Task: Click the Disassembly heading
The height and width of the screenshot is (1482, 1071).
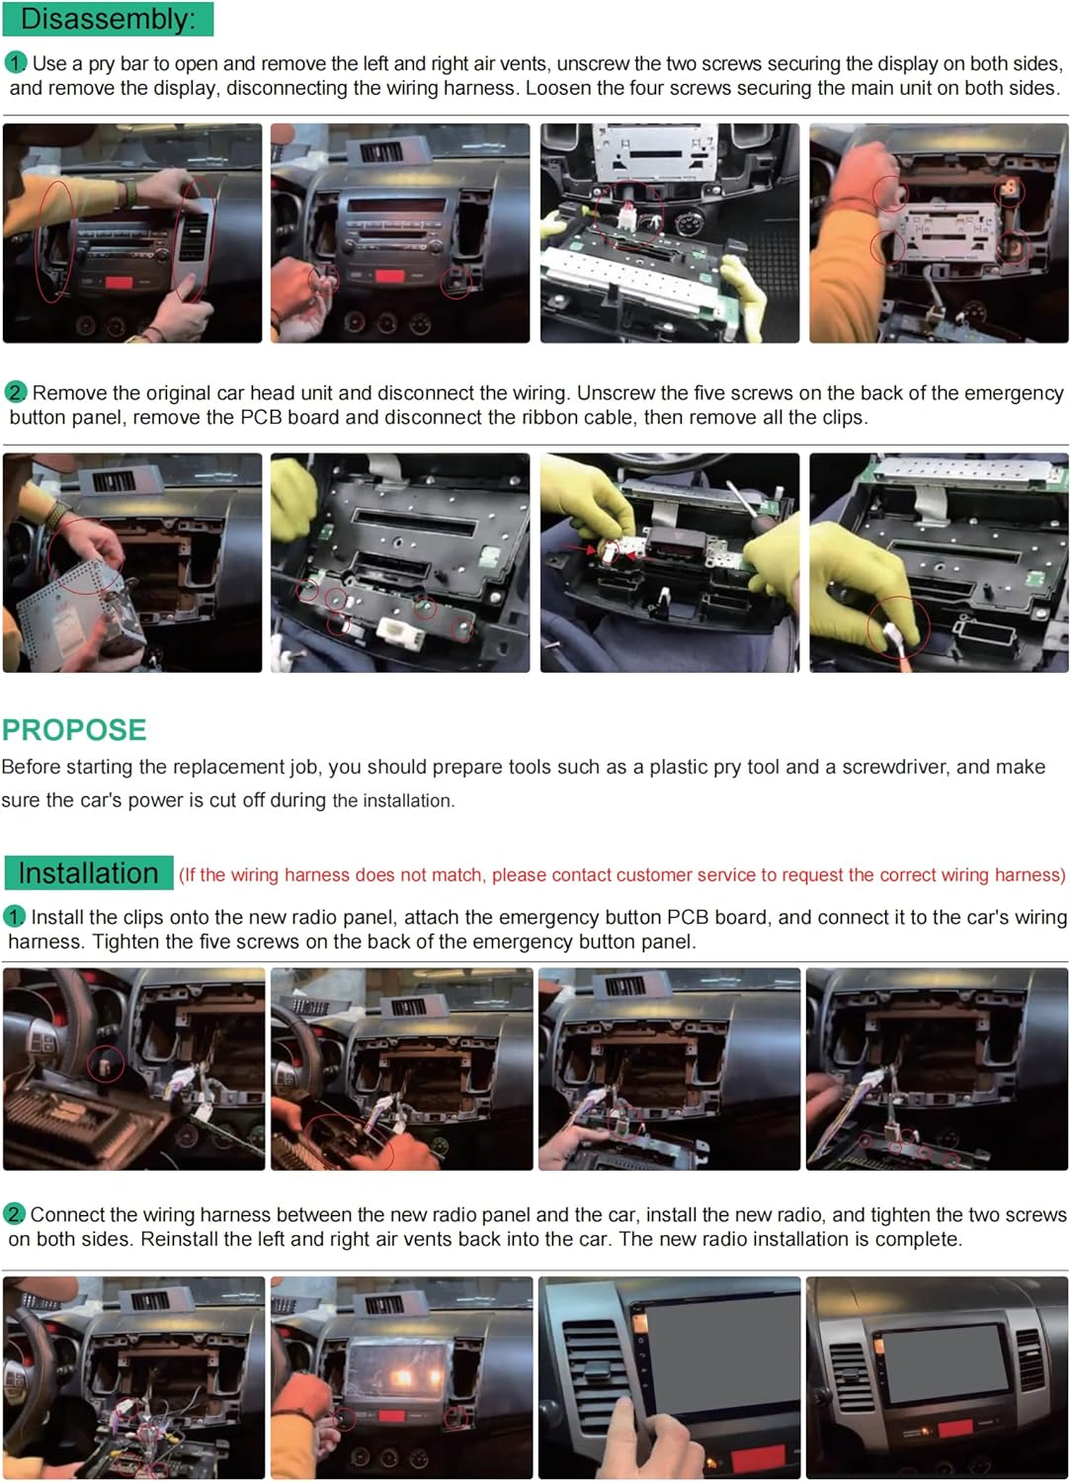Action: [108, 19]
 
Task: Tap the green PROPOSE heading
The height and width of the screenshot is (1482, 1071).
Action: [74, 730]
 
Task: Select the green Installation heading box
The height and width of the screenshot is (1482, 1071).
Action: [89, 873]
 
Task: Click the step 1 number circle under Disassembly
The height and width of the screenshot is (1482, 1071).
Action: [15, 63]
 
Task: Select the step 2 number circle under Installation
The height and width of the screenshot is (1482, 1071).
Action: [14, 1214]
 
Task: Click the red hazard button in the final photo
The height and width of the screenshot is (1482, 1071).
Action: [955, 1429]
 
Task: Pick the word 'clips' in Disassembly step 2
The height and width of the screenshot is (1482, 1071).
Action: [842, 418]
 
